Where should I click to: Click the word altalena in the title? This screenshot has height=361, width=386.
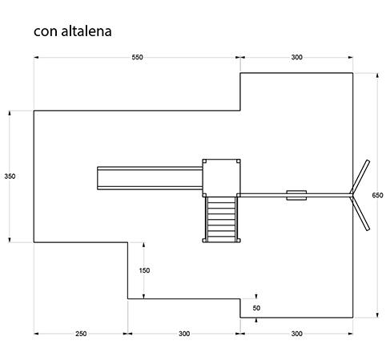(x=86, y=30)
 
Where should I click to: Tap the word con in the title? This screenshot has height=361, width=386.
(x=46, y=32)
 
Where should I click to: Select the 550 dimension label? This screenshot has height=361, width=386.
(x=137, y=57)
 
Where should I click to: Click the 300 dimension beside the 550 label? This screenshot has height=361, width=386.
(x=296, y=57)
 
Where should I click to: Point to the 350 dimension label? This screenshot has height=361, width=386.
(x=10, y=176)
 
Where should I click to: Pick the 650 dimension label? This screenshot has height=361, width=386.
(x=377, y=195)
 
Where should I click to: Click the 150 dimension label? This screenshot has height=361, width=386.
(x=144, y=270)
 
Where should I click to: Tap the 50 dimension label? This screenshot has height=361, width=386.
(x=256, y=308)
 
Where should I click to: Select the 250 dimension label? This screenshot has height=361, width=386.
(x=81, y=334)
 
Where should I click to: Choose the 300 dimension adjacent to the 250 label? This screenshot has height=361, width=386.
(x=184, y=334)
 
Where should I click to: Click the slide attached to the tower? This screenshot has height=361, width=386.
(x=150, y=178)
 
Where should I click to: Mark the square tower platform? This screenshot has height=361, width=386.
(x=221, y=178)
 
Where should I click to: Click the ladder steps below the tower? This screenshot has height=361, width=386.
(x=221, y=220)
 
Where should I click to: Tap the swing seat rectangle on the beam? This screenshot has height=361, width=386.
(x=296, y=195)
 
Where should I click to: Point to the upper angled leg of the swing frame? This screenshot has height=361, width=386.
(x=360, y=176)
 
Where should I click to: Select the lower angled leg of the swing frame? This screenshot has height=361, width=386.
(x=360, y=213)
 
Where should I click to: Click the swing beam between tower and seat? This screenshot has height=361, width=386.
(x=262, y=195)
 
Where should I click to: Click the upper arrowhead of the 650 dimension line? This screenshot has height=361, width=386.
(x=377, y=75)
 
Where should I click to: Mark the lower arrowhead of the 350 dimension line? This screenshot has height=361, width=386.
(x=10, y=240)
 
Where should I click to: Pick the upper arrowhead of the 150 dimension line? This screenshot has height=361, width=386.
(x=144, y=245)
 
